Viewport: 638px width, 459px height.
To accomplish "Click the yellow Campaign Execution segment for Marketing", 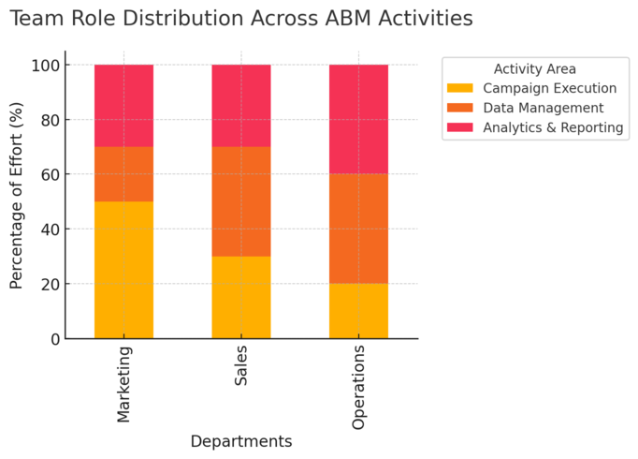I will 124,270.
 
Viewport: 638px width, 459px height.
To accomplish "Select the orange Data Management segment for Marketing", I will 124,174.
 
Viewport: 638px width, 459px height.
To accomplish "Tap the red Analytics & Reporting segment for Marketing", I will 124,106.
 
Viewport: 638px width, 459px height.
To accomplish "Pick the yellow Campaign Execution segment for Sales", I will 241,297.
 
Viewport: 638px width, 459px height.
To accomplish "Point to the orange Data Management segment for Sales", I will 241,201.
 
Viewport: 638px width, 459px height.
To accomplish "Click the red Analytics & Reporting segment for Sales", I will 241,106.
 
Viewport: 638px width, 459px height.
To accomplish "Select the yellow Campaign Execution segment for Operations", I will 358,311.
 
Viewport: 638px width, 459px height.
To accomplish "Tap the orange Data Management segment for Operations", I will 358,229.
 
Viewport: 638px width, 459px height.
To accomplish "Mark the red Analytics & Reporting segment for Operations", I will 358,119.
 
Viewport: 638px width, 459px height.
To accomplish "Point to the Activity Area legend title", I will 534,68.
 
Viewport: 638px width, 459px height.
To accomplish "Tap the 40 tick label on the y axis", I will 48,229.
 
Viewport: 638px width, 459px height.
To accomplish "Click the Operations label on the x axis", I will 359,387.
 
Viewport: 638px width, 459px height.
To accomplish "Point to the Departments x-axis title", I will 241,441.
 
